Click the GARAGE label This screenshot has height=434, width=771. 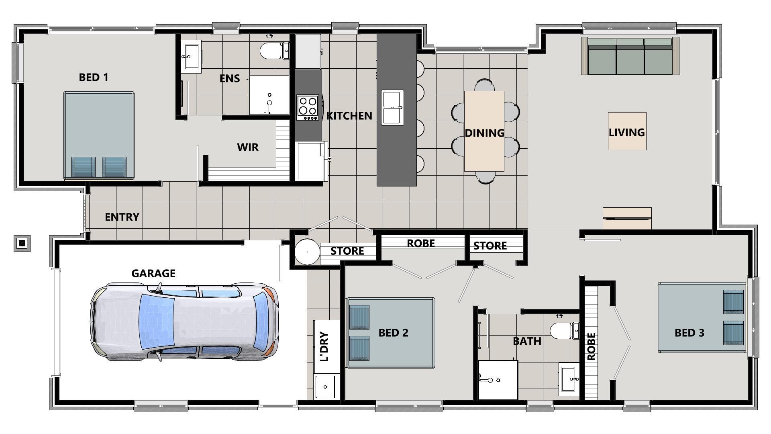coord(153,274)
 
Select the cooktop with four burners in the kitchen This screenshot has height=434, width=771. coord(308,107)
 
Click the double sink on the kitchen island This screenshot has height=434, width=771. coord(392,108)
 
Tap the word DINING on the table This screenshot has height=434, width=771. coord(484,133)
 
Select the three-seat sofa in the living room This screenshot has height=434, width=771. coord(630,56)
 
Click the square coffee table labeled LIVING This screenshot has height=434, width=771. coord(627,131)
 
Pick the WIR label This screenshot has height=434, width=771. coord(248,147)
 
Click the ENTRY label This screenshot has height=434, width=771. coord(122,217)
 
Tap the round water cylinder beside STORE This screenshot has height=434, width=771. coord(307,252)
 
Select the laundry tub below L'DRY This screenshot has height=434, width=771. coord(325,387)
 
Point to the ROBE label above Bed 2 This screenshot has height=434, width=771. coord(420,244)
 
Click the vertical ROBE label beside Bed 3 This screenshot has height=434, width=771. coord(591,346)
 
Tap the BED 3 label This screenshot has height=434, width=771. coord(689,333)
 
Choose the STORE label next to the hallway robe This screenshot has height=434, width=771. coord(490,246)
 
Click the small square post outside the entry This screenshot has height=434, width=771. coord(22,243)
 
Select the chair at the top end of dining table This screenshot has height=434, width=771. coord(484,85)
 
